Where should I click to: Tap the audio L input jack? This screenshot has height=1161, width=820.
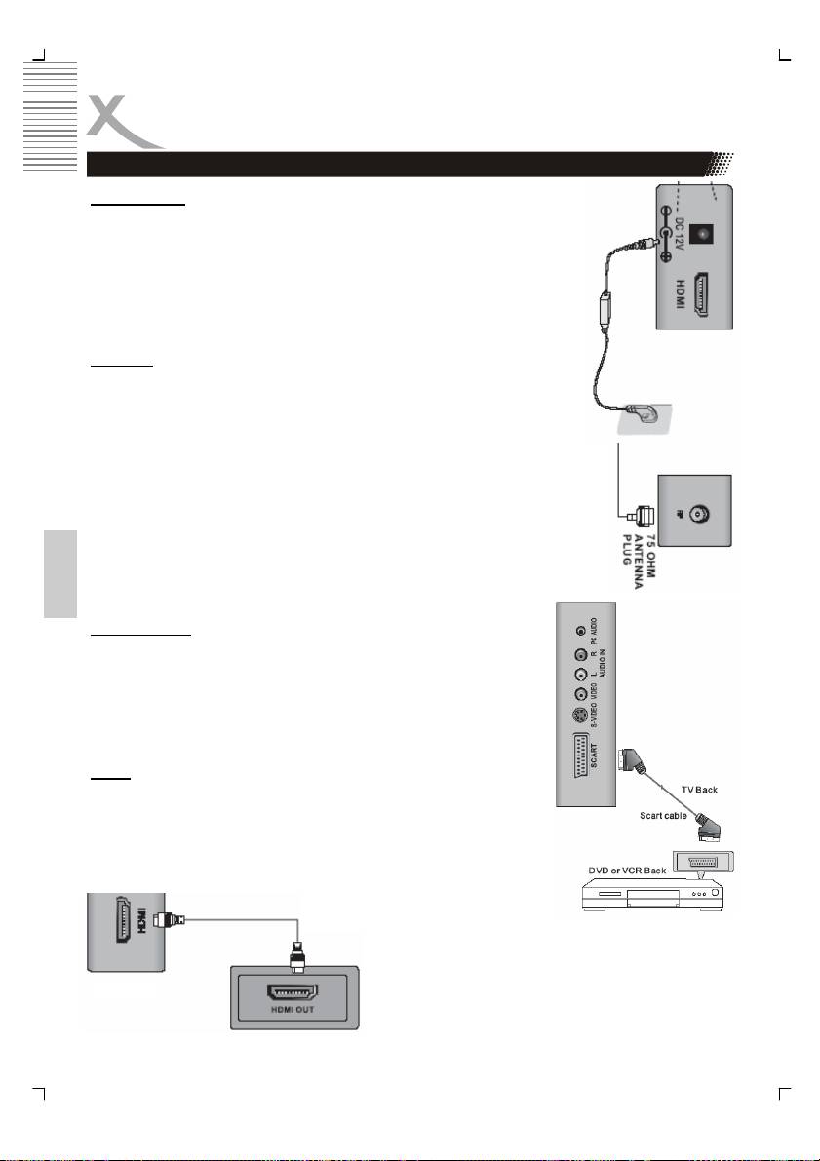(581, 675)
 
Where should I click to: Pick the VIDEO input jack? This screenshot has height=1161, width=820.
(581, 695)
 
